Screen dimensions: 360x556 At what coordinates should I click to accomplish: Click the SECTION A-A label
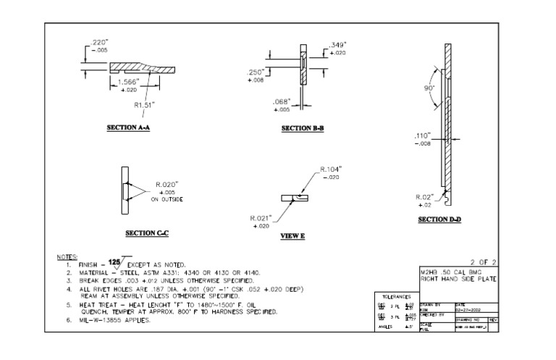(x=128, y=127)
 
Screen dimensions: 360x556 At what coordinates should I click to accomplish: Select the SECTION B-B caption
(x=303, y=128)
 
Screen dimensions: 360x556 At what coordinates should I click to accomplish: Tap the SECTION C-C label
(x=147, y=233)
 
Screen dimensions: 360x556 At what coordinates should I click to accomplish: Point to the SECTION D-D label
(x=439, y=219)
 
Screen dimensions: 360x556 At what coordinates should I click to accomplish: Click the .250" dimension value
(x=254, y=72)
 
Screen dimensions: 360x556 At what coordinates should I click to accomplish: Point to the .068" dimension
(x=282, y=101)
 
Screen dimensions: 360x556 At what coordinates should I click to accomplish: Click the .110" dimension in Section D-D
(x=422, y=135)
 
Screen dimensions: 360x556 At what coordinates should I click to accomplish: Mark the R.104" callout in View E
(x=332, y=169)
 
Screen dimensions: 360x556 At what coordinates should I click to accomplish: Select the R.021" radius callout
(x=261, y=218)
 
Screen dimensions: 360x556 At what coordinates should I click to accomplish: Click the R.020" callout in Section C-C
(x=167, y=184)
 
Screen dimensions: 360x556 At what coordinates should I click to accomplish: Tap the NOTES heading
(x=66, y=257)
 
